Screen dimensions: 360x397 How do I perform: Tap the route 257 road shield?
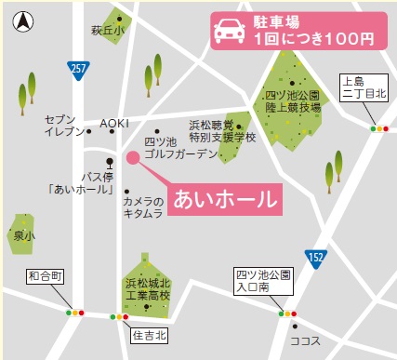[78, 68]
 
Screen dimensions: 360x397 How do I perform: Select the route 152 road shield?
[317, 257]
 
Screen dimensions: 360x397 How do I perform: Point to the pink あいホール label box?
[222, 199]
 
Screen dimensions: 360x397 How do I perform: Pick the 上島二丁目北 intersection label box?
[364, 87]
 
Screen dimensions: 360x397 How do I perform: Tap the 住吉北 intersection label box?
[149, 333]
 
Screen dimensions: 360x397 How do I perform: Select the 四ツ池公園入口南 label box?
[265, 280]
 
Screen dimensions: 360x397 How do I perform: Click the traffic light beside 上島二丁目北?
[379, 128]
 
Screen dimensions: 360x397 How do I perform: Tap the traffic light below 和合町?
[74, 313]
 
